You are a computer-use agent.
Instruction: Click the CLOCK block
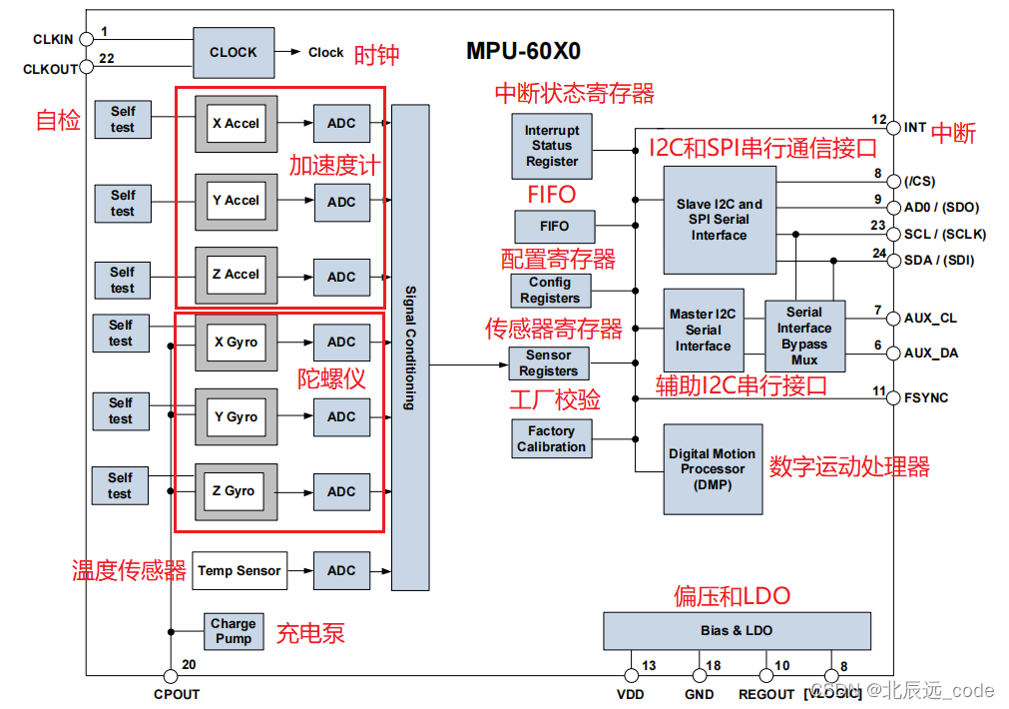point(233,52)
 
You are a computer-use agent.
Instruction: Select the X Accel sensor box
point(236,124)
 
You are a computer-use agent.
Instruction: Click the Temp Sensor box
point(239,570)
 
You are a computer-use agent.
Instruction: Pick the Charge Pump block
point(233,630)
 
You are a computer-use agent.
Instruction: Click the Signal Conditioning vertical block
point(410,347)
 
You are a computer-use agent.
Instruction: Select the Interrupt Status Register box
point(552,146)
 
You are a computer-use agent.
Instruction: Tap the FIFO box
point(555,226)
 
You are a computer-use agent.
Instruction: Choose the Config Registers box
point(549,290)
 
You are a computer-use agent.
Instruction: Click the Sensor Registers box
point(548,362)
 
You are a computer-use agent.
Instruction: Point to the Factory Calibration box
point(551,438)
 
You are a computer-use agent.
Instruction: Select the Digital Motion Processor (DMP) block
point(713,468)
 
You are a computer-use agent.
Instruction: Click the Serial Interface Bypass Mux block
point(804,336)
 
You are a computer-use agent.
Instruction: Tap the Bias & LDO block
point(737,630)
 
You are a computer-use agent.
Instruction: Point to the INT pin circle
point(894,128)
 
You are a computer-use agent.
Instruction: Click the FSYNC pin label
point(926,397)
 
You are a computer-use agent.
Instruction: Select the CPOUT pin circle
point(171,676)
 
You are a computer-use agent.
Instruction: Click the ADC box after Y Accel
point(341,201)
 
